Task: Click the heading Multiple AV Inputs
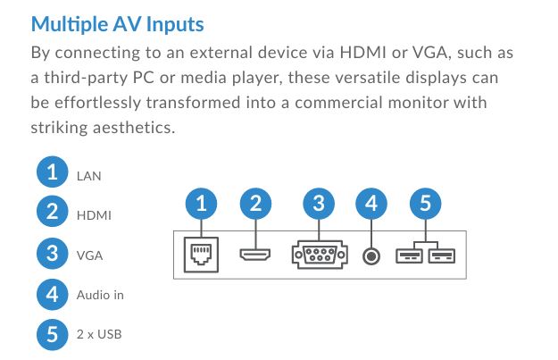point(118,25)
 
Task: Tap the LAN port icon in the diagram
point(201,255)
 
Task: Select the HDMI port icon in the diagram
point(255,255)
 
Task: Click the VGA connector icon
point(320,255)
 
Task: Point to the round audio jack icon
point(371,256)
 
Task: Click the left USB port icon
point(409,256)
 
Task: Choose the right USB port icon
point(442,256)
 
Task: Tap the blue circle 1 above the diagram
point(201,204)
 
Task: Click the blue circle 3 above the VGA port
point(319,204)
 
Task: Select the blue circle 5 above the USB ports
point(425,204)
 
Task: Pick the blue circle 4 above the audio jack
point(371,204)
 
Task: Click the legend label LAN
point(89,176)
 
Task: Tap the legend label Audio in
point(100,295)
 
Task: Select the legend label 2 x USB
point(99,334)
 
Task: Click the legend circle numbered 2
point(53,211)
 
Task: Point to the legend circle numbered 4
point(53,295)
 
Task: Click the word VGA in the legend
point(89,255)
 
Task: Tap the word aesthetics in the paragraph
point(134,128)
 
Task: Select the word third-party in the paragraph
point(86,78)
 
